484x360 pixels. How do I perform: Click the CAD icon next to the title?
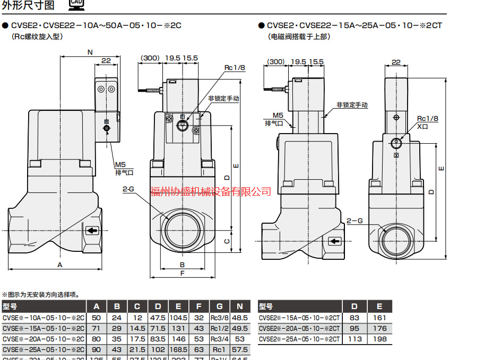(76, 6)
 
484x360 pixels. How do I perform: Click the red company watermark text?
(211, 191)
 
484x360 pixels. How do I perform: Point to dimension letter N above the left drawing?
(90, 52)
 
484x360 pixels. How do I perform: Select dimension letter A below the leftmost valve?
(60, 264)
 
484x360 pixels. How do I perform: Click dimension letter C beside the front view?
(227, 241)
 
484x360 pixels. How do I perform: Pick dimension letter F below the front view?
(182, 273)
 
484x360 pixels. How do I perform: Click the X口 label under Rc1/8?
(422, 127)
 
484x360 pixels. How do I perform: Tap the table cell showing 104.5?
(178, 318)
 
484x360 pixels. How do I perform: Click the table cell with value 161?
(379, 318)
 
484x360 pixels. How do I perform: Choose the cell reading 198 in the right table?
(379, 339)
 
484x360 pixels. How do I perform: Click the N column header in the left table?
(240, 306)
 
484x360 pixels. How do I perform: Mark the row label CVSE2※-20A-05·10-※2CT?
(299, 329)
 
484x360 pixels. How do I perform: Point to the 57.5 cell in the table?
(240, 350)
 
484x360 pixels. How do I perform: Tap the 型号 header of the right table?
(266, 306)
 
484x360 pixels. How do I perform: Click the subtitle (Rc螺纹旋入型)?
(37, 37)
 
